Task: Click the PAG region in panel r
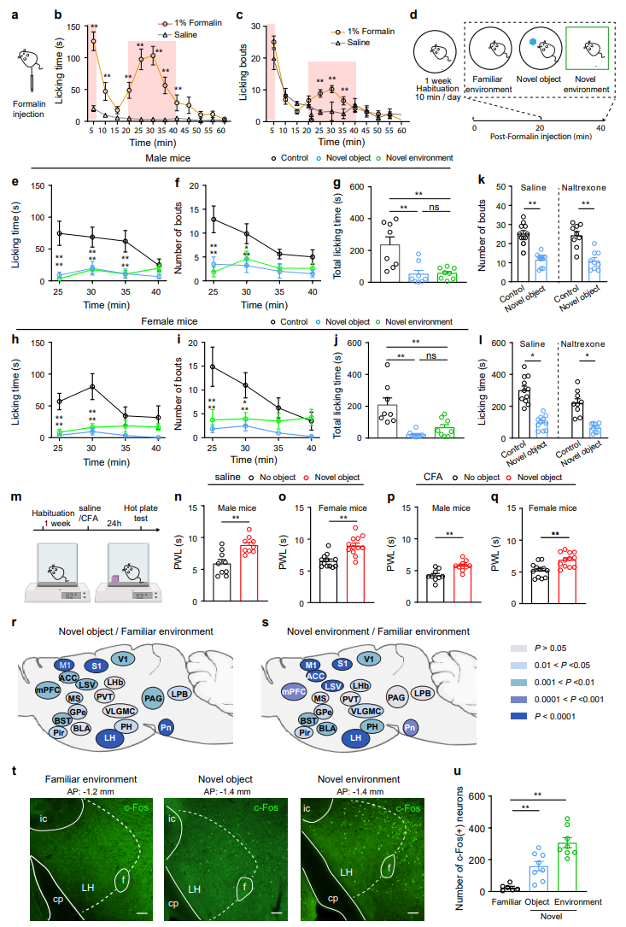point(153,698)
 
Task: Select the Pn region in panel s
point(410,727)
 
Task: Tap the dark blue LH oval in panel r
point(110,738)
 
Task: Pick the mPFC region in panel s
point(294,692)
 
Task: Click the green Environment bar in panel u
point(567,866)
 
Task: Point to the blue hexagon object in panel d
point(533,42)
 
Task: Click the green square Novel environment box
point(587,49)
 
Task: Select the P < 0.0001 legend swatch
point(518,716)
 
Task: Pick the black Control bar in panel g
point(389,263)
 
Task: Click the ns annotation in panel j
point(431,356)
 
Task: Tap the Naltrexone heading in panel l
point(582,343)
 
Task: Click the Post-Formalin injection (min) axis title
point(541,136)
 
